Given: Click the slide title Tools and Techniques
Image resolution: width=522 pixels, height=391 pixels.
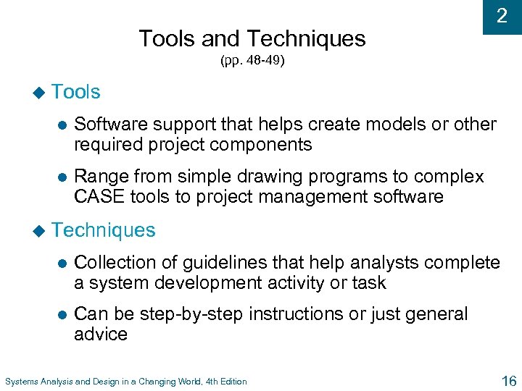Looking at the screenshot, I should (252, 38).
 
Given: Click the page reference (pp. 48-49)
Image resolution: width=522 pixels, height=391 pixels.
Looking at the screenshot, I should (252, 62).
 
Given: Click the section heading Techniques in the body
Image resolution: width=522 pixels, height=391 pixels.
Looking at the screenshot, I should (104, 230).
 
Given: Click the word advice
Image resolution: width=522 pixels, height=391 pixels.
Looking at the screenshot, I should (101, 335).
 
